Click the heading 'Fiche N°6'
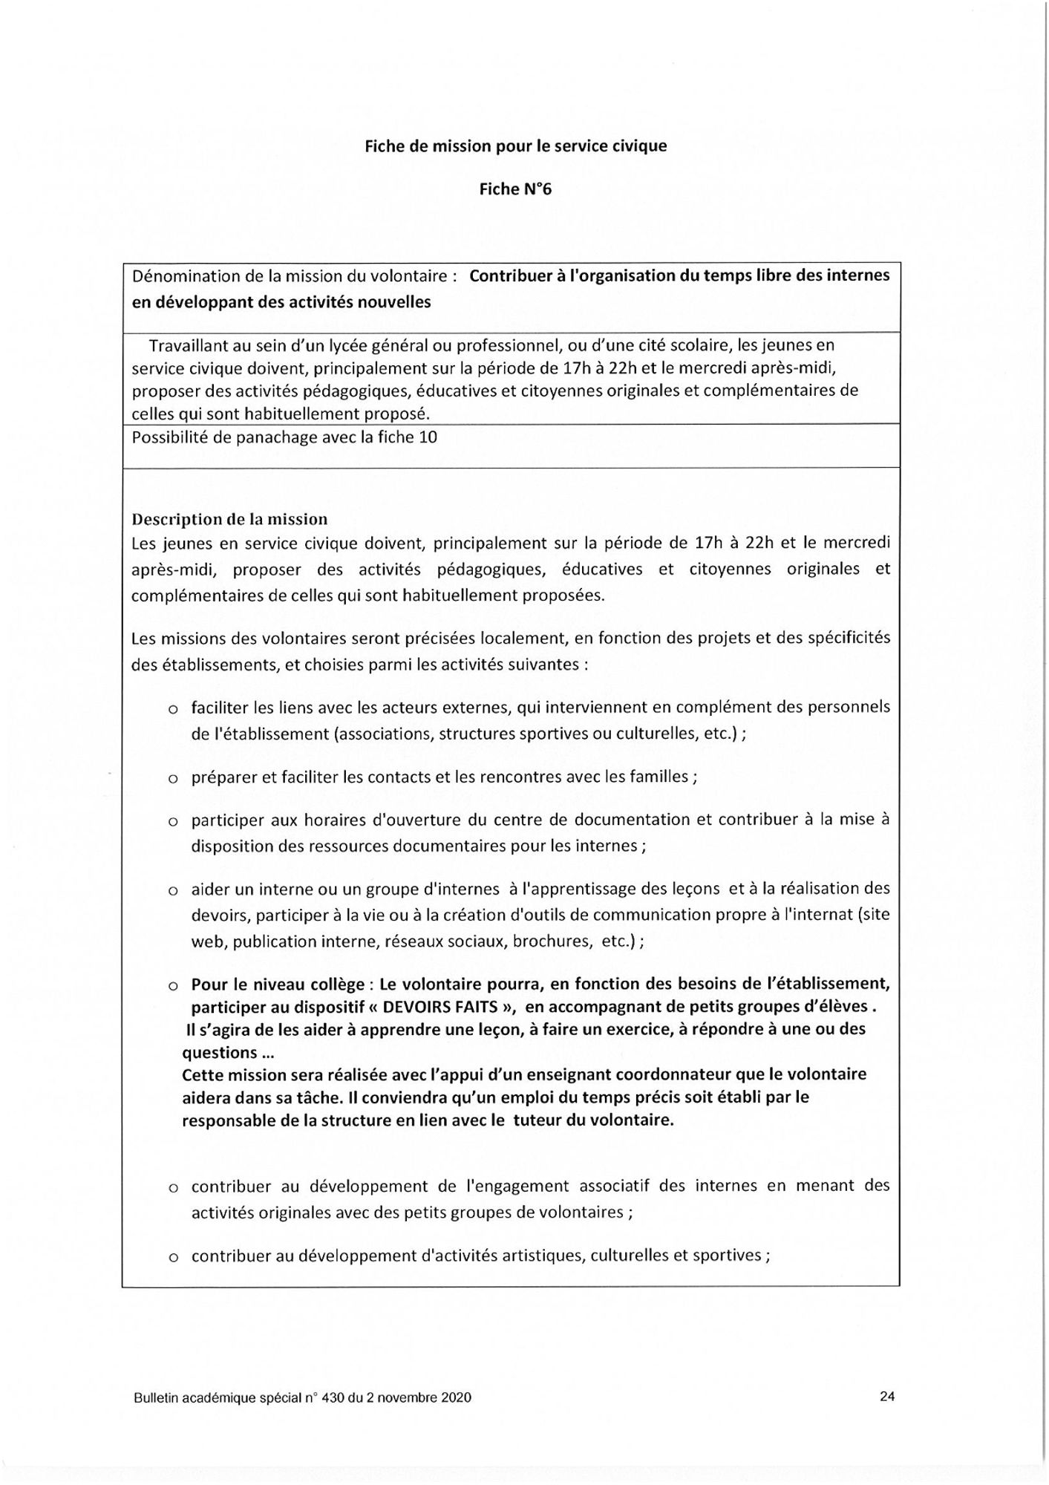tap(515, 189)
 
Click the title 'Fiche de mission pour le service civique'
tap(515, 146)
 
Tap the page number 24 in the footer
tap(887, 1397)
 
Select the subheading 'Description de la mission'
tap(229, 519)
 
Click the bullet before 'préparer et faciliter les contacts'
tap(172, 780)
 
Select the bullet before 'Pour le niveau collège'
tap(172, 987)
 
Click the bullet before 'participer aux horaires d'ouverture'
tap(172, 822)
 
